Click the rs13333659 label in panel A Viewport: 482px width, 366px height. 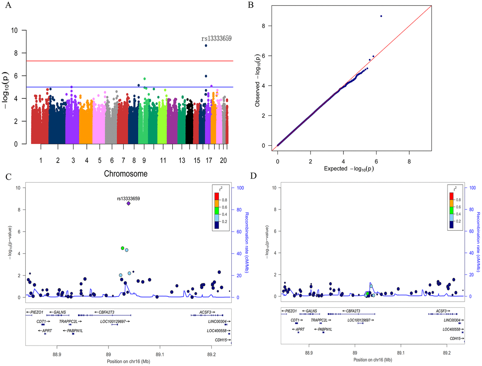point(216,39)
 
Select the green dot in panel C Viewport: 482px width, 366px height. point(123,248)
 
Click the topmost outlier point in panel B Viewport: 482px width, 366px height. point(381,16)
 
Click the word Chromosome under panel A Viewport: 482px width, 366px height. point(125,174)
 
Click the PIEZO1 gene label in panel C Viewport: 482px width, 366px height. point(33,311)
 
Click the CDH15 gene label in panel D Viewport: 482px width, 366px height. point(455,338)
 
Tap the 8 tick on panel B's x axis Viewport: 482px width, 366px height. point(409,153)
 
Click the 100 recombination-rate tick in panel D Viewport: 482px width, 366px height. point(470,188)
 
